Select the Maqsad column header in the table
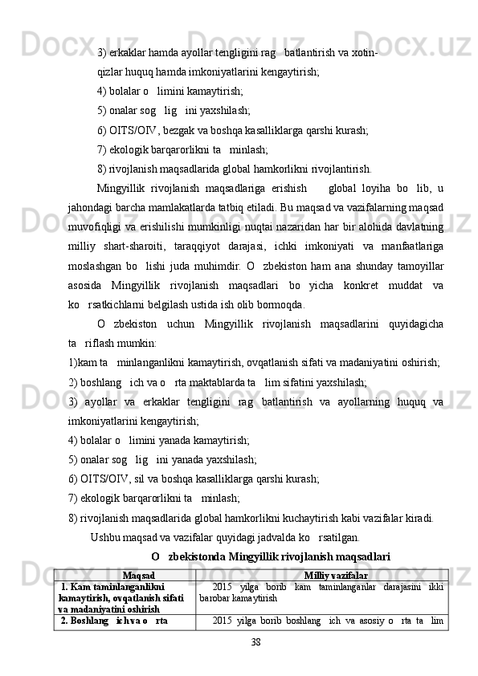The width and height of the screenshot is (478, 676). click(139, 576)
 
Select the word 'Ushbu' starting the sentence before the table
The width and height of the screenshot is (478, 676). click(106, 537)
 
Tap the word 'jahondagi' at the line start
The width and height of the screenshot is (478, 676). click(91, 209)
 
